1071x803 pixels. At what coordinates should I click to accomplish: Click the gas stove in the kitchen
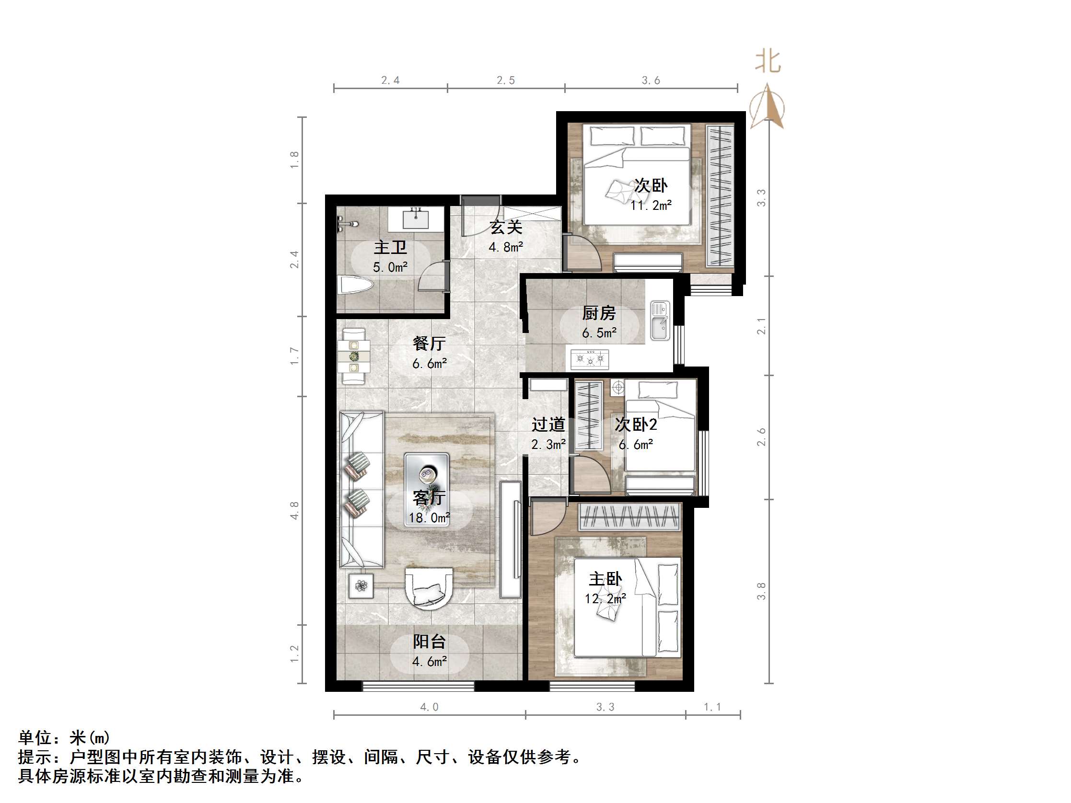[590, 359]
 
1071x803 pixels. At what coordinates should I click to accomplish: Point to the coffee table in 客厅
[427, 489]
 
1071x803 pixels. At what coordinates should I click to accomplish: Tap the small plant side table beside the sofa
[361, 586]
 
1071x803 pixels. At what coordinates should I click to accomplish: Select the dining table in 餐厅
[354, 357]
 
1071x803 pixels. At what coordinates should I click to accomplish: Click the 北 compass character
[768, 62]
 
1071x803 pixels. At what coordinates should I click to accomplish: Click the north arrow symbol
[768, 107]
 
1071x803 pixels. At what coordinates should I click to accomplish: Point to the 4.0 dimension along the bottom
[429, 707]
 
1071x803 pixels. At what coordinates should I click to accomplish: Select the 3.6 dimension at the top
[651, 80]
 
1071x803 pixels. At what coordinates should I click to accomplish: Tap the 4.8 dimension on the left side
[294, 511]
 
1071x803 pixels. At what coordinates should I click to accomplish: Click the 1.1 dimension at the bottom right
[712, 707]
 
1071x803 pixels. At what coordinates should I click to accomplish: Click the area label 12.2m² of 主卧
[605, 599]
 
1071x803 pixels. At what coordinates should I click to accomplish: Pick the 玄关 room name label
[505, 227]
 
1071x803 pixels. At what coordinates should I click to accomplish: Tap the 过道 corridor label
[548, 425]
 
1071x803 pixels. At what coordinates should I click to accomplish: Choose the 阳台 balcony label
[429, 642]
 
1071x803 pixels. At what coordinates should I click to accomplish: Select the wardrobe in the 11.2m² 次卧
[720, 195]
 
